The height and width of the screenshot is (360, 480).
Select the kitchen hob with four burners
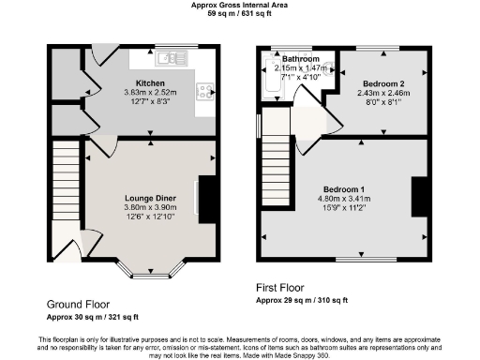click(x=203, y=92)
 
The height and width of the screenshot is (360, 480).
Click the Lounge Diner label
click(x=151, y=198)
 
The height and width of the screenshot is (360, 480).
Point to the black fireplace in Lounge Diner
click(x=208, y=199)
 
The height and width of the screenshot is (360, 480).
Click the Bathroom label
click(x=302, y=59)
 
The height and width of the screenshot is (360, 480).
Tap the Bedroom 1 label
click(x=347, y=188)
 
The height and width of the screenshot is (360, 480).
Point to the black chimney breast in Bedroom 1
click(x=421, y=196)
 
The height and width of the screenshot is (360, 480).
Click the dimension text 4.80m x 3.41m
click(x=347, y=199)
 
